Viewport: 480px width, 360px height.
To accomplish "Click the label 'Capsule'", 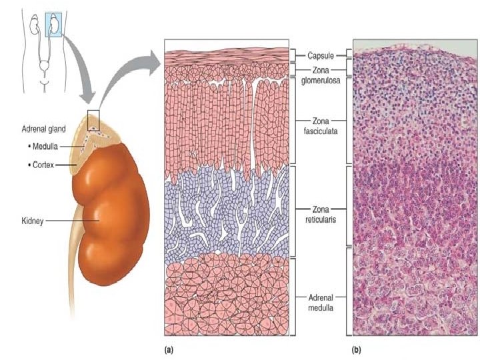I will coord(321,56).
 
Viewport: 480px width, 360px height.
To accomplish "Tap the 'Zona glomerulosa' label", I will coord(321,75).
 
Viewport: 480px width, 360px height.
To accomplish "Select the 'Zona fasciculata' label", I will coord(321,125).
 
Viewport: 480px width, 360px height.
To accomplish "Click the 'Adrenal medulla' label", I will coord(321,301).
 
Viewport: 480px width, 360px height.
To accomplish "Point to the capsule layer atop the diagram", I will coord(227,55).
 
